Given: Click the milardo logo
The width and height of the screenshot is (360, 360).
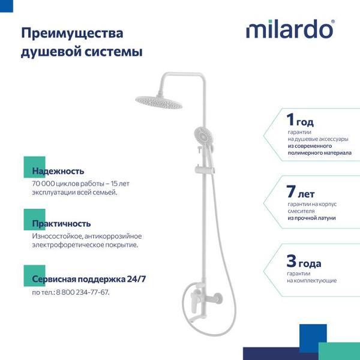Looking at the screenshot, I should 290,29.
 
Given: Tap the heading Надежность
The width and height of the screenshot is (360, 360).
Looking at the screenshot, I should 58,171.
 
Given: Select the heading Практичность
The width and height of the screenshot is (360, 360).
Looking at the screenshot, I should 62,223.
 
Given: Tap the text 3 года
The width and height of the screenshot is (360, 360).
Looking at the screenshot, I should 304,262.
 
